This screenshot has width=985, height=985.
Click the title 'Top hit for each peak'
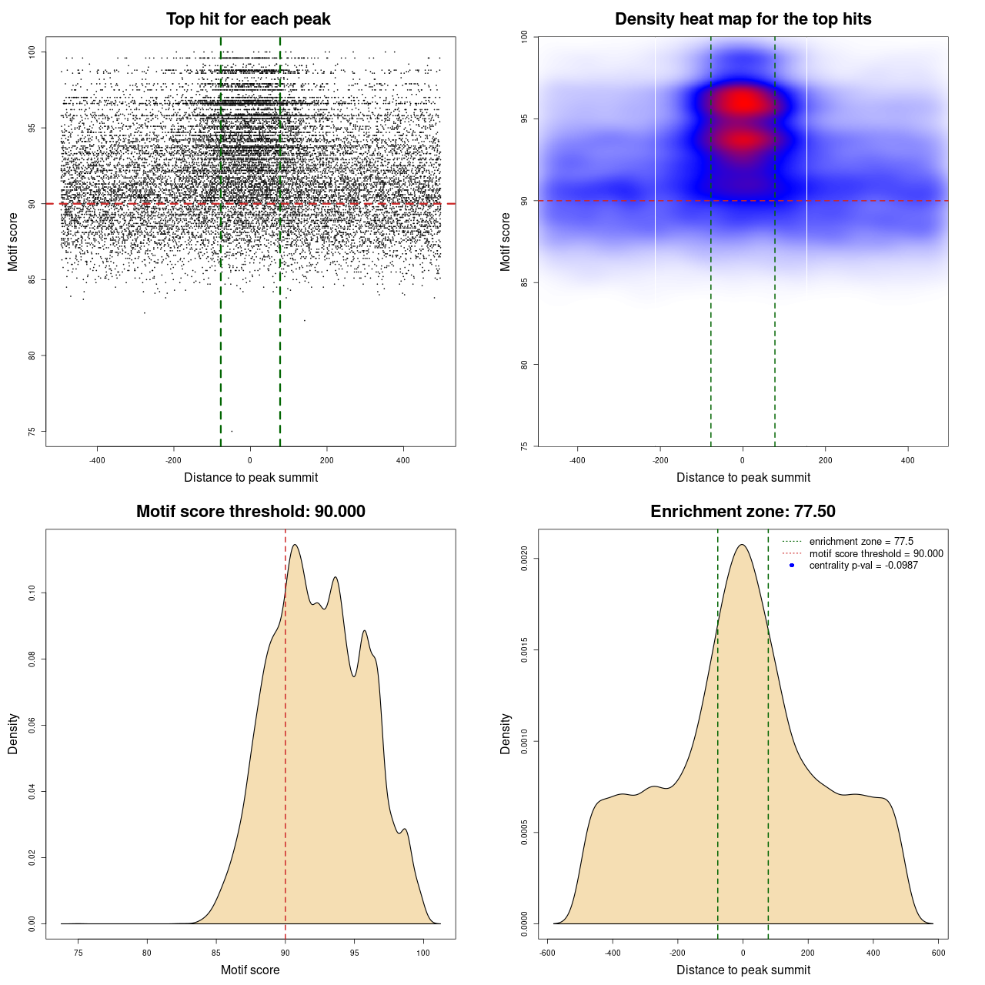click(248, 19)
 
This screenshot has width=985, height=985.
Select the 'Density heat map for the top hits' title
click(743, 19)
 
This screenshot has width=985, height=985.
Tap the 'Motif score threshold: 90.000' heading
click(250, 512)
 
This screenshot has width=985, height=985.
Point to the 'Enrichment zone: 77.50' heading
click(743, 512)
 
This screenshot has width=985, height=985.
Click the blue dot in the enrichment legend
click(792, 566)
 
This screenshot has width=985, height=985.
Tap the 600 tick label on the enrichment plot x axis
click(938, 953)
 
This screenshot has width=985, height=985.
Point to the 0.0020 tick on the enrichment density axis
click(524, 559)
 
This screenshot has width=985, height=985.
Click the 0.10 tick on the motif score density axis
click(32, 593)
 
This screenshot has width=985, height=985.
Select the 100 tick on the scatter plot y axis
click(32, 52)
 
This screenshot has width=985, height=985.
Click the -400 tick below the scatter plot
click(97, 460)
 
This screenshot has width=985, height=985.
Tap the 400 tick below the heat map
click(908, 460)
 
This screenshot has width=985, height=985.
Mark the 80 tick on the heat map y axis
click(524, 365)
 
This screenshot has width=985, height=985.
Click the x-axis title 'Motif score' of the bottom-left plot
click(250, 970)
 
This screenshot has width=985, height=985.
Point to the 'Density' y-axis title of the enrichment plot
click(506, 733)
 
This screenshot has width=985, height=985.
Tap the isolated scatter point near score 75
click(232, 431)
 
